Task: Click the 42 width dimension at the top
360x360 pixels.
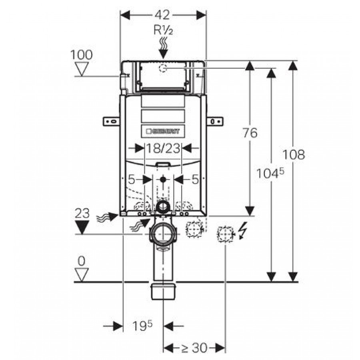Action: click(x=162, y=15)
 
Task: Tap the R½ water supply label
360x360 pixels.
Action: click(x=163, y=30)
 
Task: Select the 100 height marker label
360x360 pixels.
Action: click(x=81, y=55)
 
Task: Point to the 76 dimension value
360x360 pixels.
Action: click(x=250, y=133)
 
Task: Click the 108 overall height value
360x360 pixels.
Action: click(x=294, y=154)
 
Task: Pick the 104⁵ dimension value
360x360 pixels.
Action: click(x=270, y=173)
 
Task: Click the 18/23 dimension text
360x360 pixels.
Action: click(x=163, y=148)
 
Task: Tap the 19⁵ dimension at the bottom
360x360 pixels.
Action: click(x=142, y=326)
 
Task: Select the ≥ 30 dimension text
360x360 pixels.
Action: click(x=194, y=348)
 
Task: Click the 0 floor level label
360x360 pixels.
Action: click(x=82, y=261)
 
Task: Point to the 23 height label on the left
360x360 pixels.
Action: click(x=82, y=214)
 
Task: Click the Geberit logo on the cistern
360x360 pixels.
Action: click(x=163, y=131)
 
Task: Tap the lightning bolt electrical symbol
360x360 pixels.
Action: click(x=242, y=231)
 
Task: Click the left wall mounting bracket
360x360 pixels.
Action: click(x=111, y=122)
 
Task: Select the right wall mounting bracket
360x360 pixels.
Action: click(x=215, y=122)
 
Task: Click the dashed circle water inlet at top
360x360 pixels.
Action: click(x=163, y=68)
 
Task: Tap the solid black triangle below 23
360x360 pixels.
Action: click(x=82, y=227)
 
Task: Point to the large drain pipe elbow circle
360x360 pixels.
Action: click(x=163, y=234)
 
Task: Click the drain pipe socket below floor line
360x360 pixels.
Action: click(x=163, y=292)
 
